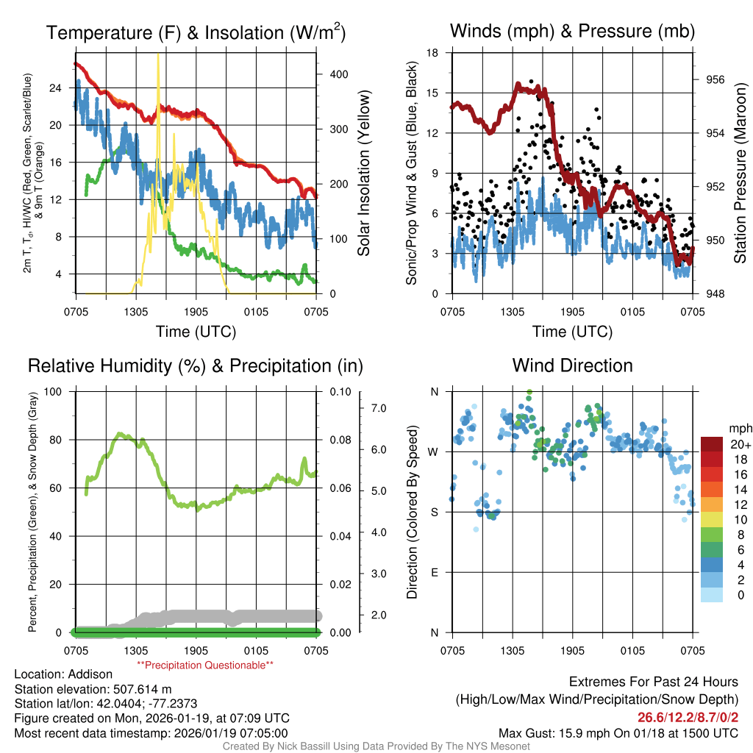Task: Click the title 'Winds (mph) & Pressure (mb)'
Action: [572, 31]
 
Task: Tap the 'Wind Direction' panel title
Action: [572, 365]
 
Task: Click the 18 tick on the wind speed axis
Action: [433, 53]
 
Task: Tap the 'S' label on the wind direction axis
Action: [433, 512]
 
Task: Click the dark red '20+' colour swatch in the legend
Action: [713, 444]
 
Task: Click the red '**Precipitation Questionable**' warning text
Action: [205, 665]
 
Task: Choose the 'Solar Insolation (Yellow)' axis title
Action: [363, 173]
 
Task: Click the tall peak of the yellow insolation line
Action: [158, 56]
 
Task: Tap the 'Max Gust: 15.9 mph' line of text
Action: [618, 732]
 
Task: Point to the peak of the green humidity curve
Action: [121, 434]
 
